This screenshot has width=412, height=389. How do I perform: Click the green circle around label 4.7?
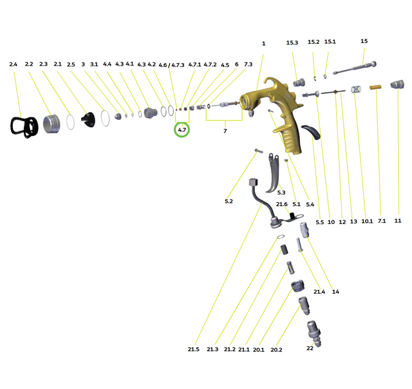pos(182,130)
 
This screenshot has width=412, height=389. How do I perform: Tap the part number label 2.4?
pos(14,64)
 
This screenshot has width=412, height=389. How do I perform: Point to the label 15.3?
pos(292,43)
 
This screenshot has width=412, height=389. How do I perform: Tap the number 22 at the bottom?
pos(310,348)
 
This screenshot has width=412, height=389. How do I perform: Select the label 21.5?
pos(194,349)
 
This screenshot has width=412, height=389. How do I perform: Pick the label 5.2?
pos(229,202)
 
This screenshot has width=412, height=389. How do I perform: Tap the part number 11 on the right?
pos(397,220)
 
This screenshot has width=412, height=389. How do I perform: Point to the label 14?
pos(335,292)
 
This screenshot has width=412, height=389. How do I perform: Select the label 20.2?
pos(276,350)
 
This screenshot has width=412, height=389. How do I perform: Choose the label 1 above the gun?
pos(263,43)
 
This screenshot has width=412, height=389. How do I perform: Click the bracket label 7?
pos(225,131)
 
